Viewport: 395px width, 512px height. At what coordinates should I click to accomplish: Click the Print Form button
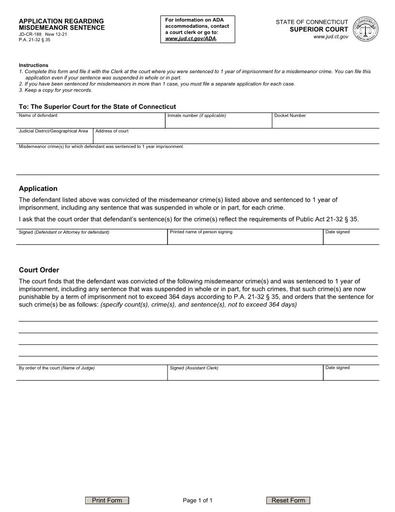(x=107, y=500)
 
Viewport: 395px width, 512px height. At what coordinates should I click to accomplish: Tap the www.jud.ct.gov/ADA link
(x=190, y=38)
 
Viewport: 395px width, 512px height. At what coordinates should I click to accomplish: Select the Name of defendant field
(x=91, y=122)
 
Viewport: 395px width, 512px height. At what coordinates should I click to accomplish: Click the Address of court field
(x=236, y=138)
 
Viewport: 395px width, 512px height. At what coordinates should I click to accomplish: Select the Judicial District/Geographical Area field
(x=54, y=138)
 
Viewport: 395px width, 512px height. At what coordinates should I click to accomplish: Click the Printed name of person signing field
(x=245, y=239)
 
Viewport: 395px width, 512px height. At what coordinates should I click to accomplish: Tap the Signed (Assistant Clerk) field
(x=245, y=374)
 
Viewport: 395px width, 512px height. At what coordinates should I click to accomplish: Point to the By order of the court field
(x=92, y=374)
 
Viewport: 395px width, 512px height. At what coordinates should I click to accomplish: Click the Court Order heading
(x=39, y=270)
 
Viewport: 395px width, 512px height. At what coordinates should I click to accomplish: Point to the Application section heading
(x=38, y=189)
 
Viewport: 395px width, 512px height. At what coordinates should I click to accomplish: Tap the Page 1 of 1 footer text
(x=197, y=500)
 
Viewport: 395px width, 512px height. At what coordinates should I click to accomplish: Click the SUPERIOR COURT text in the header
(x=325, y=30)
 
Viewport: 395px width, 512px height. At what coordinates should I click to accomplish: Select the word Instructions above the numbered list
(x=33, y=65)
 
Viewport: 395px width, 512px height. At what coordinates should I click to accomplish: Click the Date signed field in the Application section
(x=351, y=239)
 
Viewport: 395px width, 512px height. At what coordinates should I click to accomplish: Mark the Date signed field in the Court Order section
(x=351, y=374)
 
